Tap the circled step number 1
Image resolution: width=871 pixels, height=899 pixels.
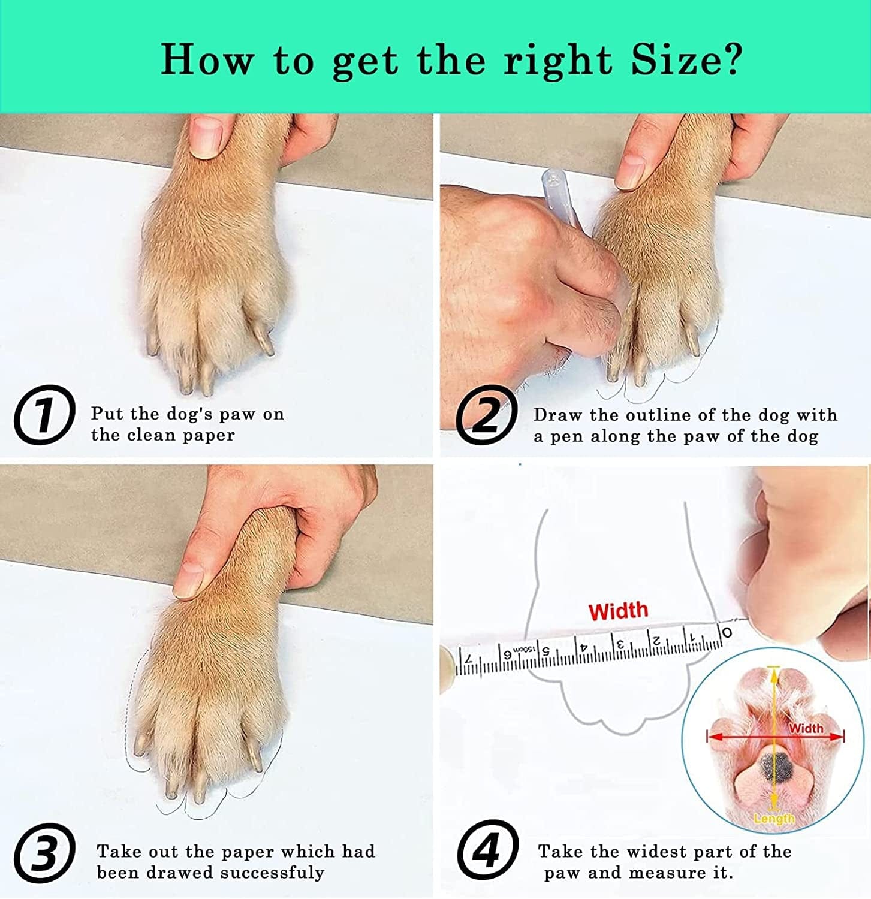click(44, 415)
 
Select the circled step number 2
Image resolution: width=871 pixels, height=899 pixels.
click(486, 415)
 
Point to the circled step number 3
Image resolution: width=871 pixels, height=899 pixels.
click(44, 852)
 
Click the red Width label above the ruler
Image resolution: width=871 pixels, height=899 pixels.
click(618, 611)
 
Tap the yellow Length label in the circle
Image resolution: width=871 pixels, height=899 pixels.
click(774, 818)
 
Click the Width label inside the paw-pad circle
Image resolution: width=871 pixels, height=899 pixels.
click(806, 728)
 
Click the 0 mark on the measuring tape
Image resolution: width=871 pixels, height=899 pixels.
click(727, 632)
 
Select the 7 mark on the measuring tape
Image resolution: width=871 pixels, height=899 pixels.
click(470, 659)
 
